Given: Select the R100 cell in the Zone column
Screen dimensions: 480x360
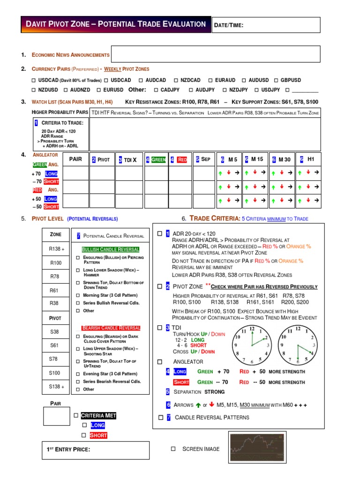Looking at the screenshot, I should tap(56, 263).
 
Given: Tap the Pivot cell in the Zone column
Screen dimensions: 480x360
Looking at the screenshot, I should tap(56, 318).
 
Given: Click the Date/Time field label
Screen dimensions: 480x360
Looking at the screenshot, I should tap(229, 25).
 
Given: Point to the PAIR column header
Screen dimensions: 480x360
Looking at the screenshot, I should tap(75, 159).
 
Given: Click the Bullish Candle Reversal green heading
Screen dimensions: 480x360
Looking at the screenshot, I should tap(111, 249).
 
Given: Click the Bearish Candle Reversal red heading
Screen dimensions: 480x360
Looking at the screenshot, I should tap(111, 328).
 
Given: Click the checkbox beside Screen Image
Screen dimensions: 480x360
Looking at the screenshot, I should tap(173, 449).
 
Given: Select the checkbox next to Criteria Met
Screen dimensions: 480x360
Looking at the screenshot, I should tap(75, 416).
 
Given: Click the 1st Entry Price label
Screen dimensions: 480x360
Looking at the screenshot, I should tap(68, 450).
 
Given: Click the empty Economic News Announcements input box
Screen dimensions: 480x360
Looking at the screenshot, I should tap(216, 54).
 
